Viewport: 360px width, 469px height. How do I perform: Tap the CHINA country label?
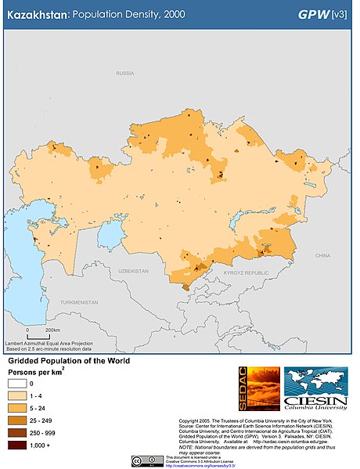(x=322, y=255)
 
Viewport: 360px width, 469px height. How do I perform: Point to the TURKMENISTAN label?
(x=81, y=302)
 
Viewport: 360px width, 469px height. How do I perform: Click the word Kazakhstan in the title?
(x=35, y=15)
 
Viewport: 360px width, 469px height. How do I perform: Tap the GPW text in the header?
(x=314, y=15)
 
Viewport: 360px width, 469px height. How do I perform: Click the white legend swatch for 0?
(x=17, y=384)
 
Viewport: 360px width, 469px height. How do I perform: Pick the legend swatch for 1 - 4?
(x=17, y=397)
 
